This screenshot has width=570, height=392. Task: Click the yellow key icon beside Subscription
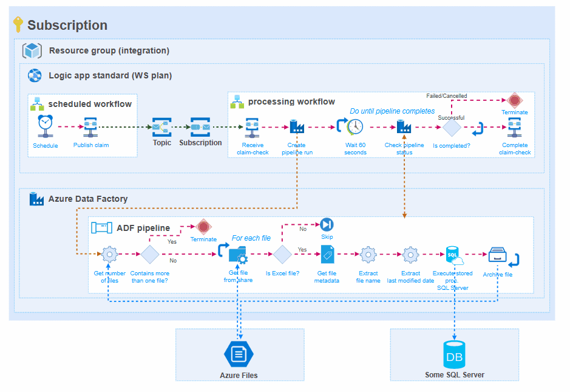[18, 24]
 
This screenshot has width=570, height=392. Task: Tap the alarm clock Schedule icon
[45, 124]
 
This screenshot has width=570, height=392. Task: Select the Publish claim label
[91, 145]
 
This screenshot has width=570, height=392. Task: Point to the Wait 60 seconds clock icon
[355, 126]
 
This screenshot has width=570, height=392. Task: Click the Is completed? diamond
[452, 127]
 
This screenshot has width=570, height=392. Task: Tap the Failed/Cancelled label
[447, 96]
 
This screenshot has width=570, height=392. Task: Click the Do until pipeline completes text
[392, 111]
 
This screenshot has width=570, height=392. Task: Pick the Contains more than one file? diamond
[150, 254]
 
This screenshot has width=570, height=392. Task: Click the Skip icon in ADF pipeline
[327, 224]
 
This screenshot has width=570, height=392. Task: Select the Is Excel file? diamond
[283, 254]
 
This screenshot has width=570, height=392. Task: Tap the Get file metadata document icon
[327, 254]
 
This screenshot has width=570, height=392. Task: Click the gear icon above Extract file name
[368, 254]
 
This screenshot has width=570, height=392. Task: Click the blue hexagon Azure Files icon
[239, 353]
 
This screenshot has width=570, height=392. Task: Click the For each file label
[251, 238]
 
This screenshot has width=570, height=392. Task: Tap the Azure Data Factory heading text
[88, 199]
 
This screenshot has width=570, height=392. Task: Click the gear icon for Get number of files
[109, 254]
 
